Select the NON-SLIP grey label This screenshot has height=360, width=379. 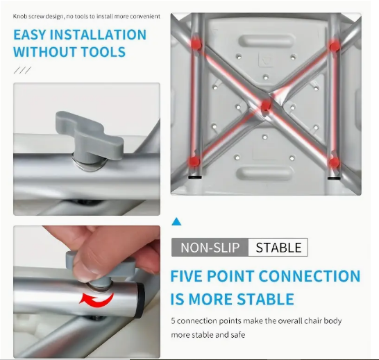(210, 248)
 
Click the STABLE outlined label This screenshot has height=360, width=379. (278, 248)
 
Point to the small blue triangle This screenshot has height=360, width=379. (176, 222)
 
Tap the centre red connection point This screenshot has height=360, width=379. (265, 106)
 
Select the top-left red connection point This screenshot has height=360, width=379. (197, 44)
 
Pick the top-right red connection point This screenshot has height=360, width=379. (335, 46)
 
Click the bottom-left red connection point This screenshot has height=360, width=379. (195, 161)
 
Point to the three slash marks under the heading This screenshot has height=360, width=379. (22, 70)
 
